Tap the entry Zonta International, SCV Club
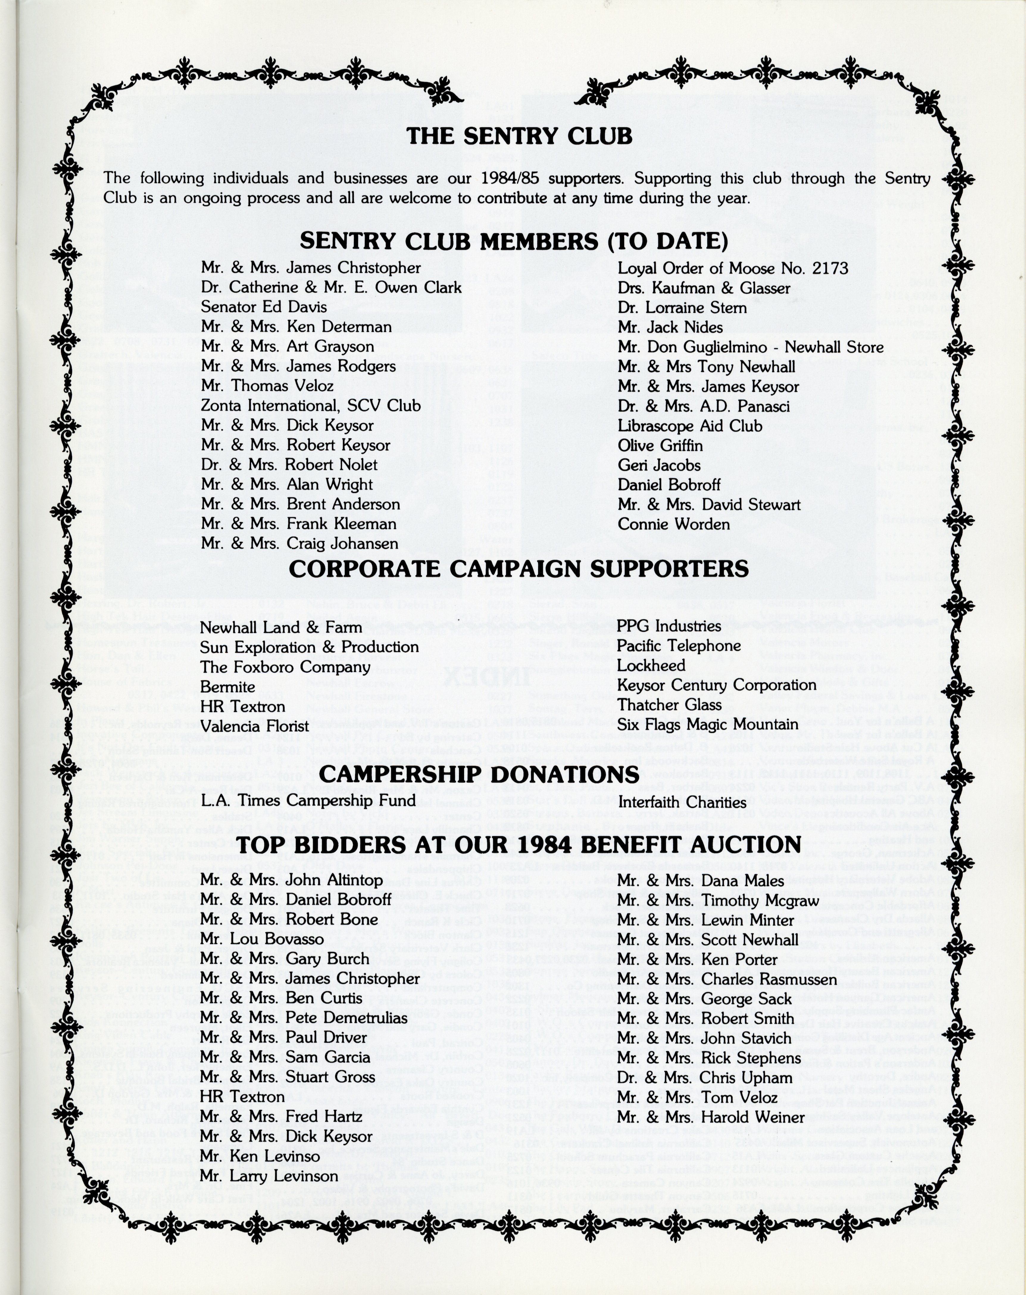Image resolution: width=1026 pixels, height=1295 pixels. [x=310, y=406]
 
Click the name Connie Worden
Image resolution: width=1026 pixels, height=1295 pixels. [x=674, y=524]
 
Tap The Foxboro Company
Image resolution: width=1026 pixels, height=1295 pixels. [x=285, y=667]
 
